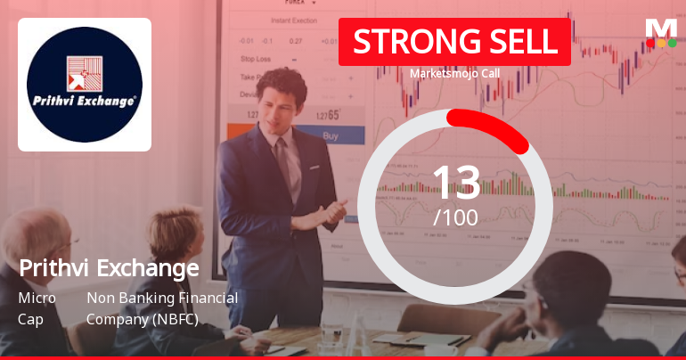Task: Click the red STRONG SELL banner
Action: pyautogui.click(x=453, y=42)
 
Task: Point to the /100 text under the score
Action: pyautogui.click(x=455, y=217)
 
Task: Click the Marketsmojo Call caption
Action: pyautogui.click(x=453, y=74)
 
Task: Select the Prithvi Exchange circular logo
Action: pyautogui.click(x=85, y=85)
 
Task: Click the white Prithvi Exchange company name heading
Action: pyautogui.click(x=109, y=267)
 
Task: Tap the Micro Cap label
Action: pyautogui.click(x=37, y=308)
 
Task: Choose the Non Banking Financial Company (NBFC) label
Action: pyautogui.click(x=162, y=308)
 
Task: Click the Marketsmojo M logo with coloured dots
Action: pyautogui.click(x=661, y=32)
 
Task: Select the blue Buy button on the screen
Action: pyautogui.click(x=330, y=136)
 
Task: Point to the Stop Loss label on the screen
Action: pyautogui.click(x=256, y=58)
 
